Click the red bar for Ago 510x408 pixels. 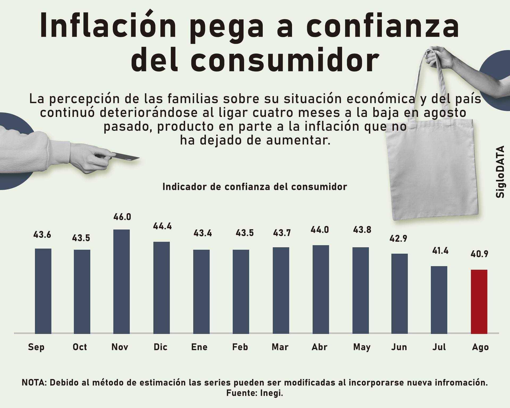(479, 301)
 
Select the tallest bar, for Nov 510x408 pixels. (121, 282)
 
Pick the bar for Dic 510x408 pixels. (161, 287)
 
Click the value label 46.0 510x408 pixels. (122, 217)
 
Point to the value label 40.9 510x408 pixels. (479, 254)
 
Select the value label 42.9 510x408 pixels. (398, 239)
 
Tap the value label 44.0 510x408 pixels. (320, 230)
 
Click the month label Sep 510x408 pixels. (36, 347)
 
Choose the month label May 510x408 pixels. (362, 347)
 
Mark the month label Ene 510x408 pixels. (199, 347)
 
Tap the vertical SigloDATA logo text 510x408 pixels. (500, 172)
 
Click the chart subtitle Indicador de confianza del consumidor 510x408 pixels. (255, 187)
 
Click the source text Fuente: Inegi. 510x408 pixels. (255, 393)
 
